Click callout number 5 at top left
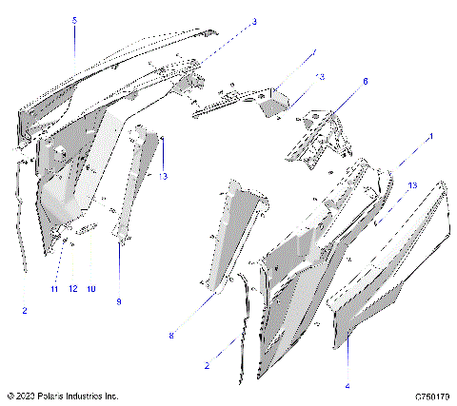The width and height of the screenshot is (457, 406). point(75,20)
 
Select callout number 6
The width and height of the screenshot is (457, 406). point(364,82)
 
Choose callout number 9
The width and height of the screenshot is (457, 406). point(119,301)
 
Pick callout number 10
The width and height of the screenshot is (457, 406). point(91,288)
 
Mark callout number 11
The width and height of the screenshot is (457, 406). point(55,288)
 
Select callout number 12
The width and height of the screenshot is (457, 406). point(72,288)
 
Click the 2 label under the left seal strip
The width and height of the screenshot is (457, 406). point(25,310)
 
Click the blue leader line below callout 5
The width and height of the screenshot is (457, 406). point(75,43)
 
